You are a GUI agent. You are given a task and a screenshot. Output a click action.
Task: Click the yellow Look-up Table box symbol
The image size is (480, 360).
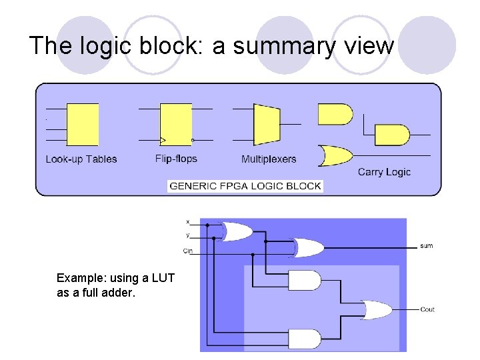click(x=83, y=125)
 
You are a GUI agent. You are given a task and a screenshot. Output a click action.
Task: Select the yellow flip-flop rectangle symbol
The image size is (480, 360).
click(x=176, y=125)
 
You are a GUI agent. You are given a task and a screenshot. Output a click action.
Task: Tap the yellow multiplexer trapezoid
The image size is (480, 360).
click(x=266, y=125)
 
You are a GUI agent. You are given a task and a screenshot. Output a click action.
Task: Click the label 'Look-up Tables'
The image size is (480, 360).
click(x=81, y=159)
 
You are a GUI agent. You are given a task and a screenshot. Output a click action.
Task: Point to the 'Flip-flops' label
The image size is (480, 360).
click(x=176, y=159)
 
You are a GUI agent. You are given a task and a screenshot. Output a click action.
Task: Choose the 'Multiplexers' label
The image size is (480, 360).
click(x=269, y=159)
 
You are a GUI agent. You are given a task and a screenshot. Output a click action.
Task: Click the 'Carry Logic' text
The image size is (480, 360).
click(x=384, y=172)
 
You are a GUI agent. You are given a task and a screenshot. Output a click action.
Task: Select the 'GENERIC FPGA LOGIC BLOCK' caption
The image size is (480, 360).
click(x=245, y=186)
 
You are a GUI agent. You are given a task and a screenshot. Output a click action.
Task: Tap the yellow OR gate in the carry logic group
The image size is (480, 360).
click(x=336, y=156)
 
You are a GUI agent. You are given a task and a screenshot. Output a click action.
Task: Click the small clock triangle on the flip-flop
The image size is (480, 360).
click(x=163, y=140)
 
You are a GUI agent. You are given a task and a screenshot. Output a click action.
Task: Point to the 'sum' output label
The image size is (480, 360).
click(x=427, y=246)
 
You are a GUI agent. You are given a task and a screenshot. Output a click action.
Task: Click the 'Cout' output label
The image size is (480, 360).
click(x=427, y=309)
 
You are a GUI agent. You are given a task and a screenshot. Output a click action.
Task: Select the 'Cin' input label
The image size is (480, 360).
click(x=187, y=251)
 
